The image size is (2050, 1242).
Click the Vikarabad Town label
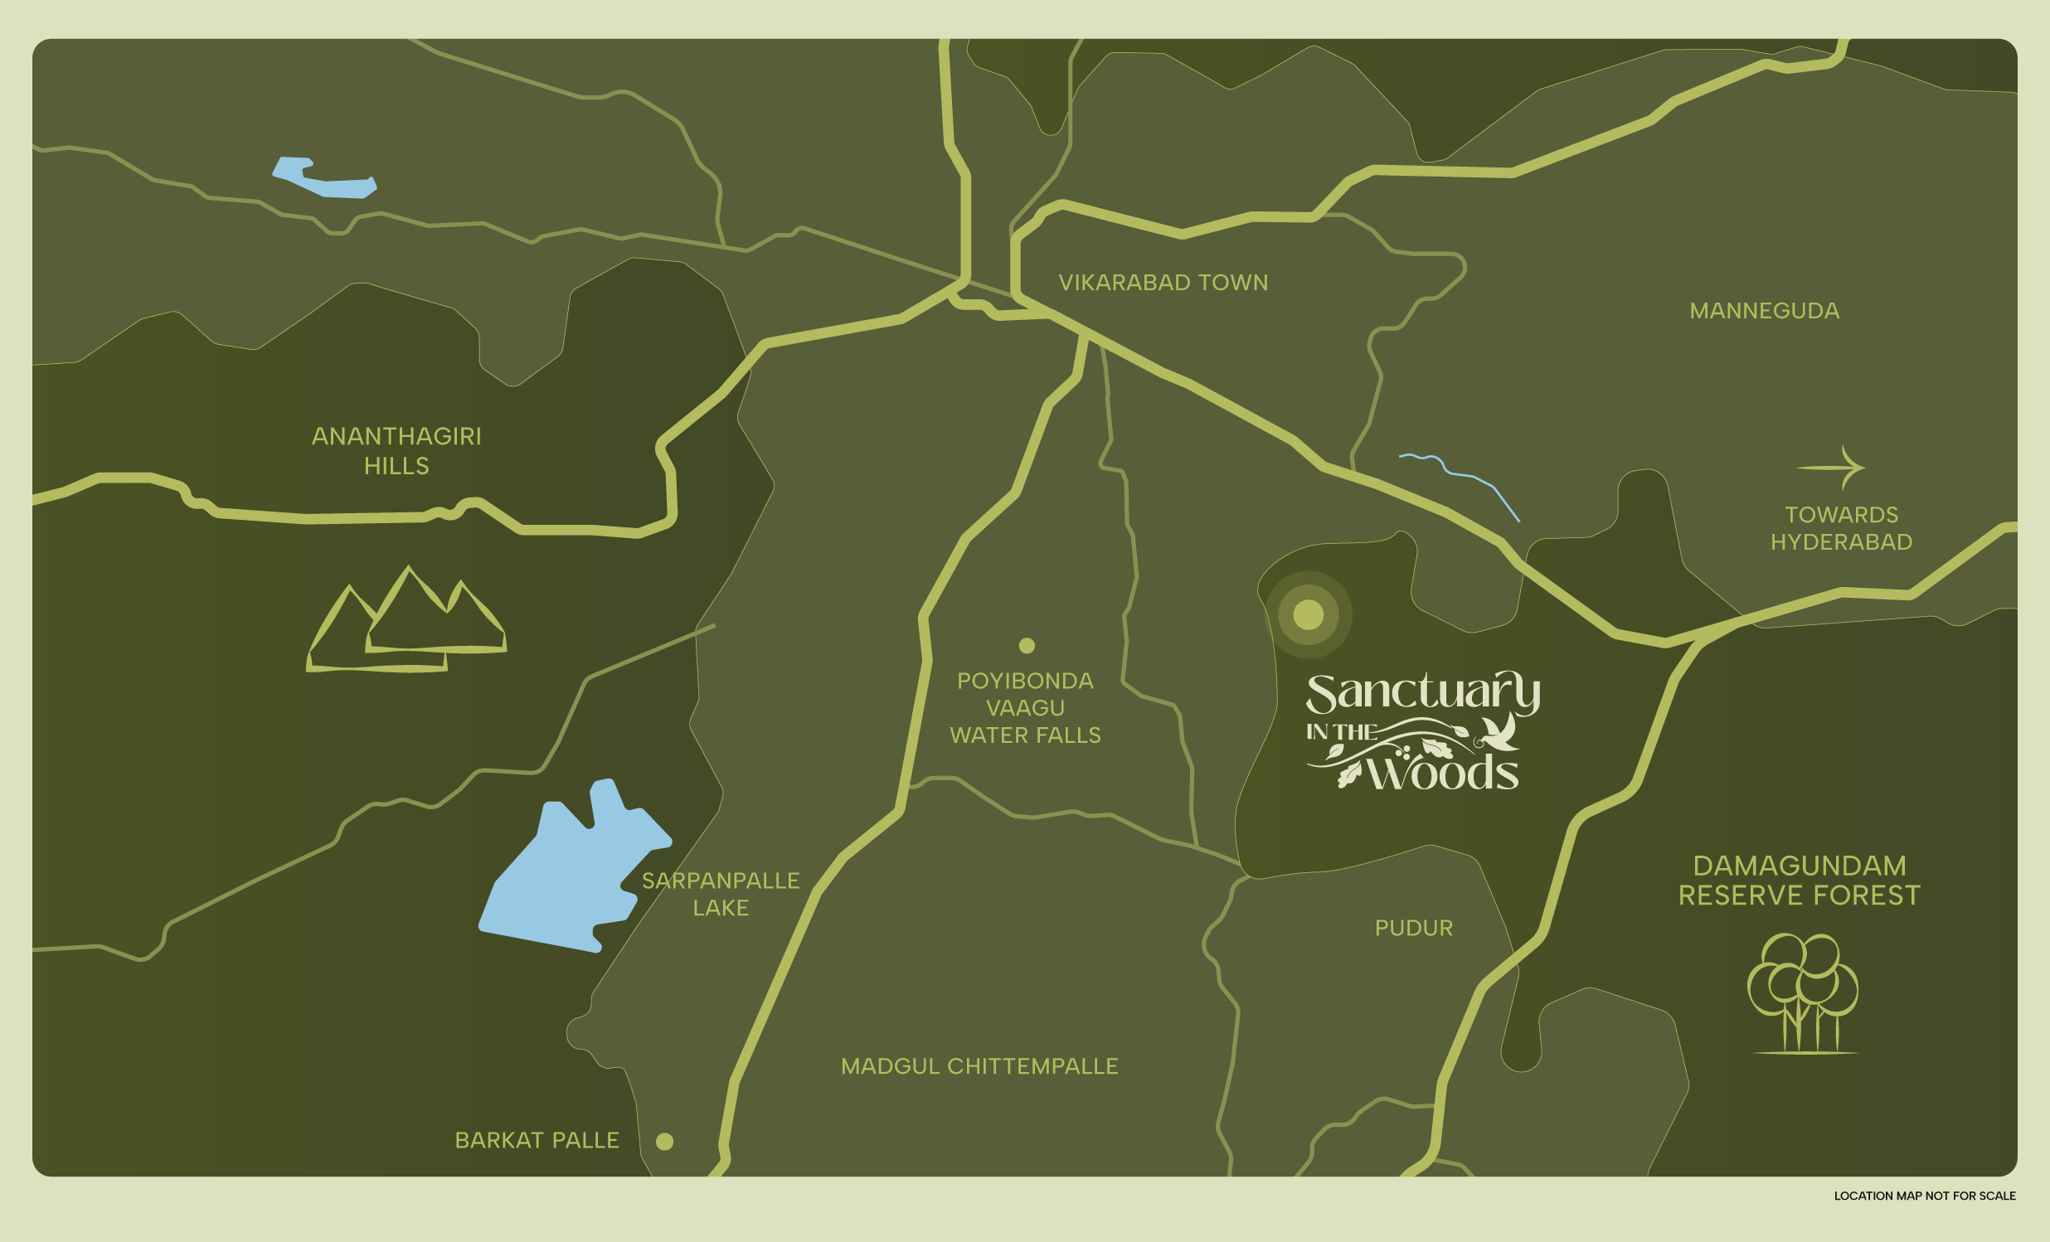(x=1163, y=283)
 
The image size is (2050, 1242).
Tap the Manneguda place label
(x=1764, y=311)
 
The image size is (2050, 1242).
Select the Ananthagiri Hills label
(x=396, y=451)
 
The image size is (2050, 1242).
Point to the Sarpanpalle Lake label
(x=721, y=895)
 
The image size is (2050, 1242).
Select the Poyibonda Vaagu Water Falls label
(x=1025, y=708)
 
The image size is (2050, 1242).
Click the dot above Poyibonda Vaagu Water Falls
(x=1027, y=646)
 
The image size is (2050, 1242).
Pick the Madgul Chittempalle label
(x=979, y=1066)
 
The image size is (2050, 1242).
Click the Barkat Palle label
(x=537, y=1141)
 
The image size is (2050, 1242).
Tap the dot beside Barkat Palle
(x=665, y=1142)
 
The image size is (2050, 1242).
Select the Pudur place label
(x=1414, y=929)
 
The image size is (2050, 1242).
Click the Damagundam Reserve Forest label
(x=1799, y=881)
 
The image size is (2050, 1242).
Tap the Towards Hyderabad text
(x=1841, y=528)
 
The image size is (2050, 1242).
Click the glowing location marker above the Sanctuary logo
(x=1308, y=614)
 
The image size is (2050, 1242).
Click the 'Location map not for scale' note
(x=1925, y=1196)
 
